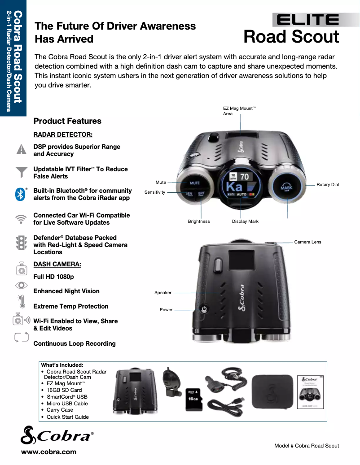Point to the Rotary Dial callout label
(x=327, y=185)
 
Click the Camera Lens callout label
(x=307, y=242)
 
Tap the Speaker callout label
(x=163, y=293)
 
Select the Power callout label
(x=166, y=310)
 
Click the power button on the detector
(x=204, y=309)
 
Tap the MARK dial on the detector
(x=286, y=187)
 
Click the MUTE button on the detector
(x=194, y=183)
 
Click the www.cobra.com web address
(x=49, y=452)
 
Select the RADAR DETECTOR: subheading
(x=63, y=135)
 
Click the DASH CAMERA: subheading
(x=57, y=265)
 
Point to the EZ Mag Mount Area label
(x=238, y=111)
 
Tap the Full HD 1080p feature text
(x=53, y=277)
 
